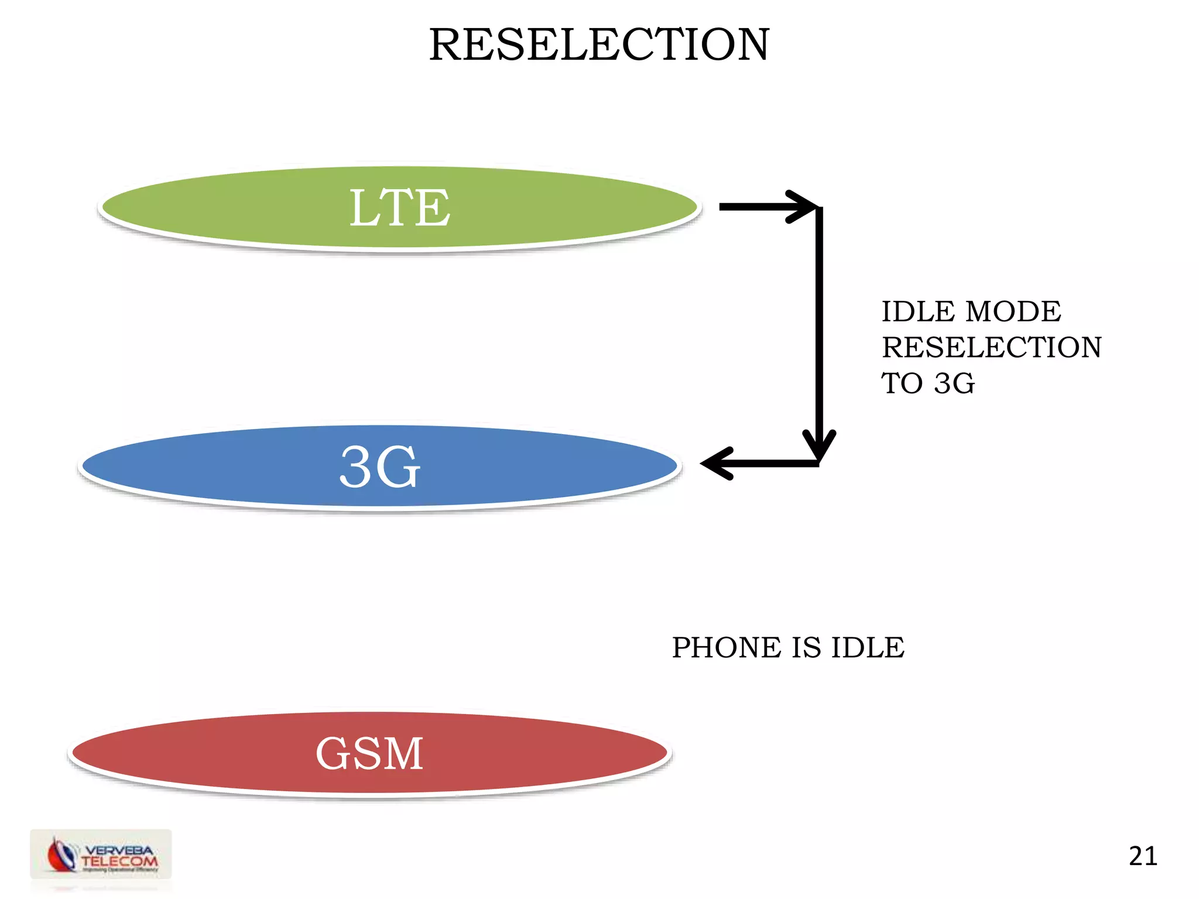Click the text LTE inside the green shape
pos(400,208)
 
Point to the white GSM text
pos(369,753)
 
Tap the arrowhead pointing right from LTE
pos(802,207)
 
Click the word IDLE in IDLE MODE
pos(918,311)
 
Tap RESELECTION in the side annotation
pos(992,347)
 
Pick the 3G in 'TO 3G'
pos(954,383)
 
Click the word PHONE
pos(727,647)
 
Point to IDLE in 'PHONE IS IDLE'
pos(868,647)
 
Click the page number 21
pos(1143,856)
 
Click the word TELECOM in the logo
pos(119,861)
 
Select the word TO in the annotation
pos(902,383)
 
